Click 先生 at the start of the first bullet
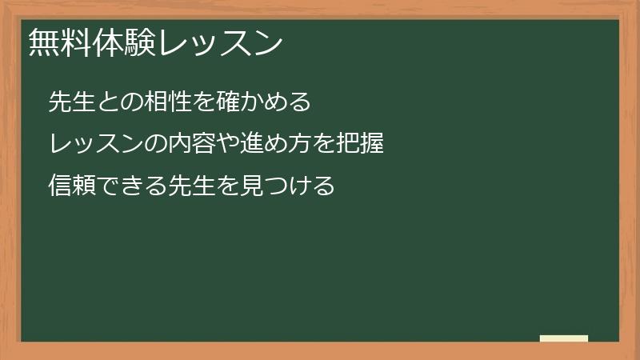pyautogui.click(x=68, y=102)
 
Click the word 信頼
pyautogui.click(x=68, y=186)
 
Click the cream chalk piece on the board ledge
pyautogui.click(x=564, y=338)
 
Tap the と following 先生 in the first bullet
pyautogui.click(x=101, y=102)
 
